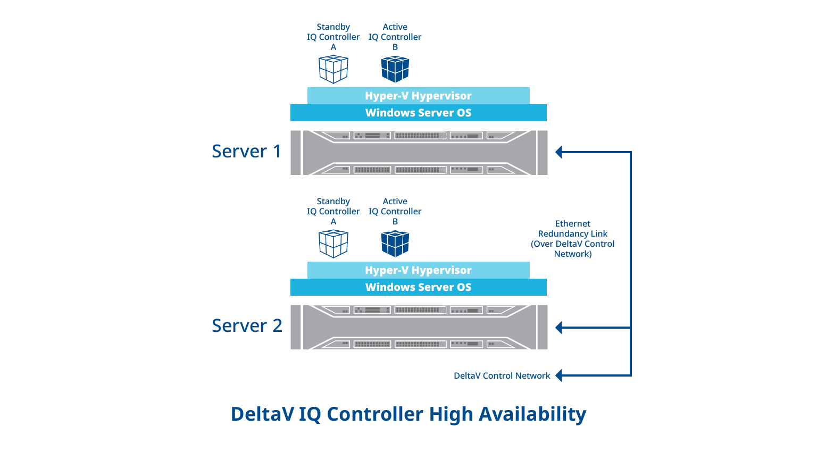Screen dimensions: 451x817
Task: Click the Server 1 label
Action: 246,152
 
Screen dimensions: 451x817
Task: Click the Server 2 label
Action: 247,325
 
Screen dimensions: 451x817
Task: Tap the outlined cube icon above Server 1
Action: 334,69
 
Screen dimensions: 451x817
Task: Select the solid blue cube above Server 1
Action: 395,69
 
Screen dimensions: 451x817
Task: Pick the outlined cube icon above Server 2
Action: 334,244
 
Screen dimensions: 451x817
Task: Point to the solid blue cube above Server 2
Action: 395,244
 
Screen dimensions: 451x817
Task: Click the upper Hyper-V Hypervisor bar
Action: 418,96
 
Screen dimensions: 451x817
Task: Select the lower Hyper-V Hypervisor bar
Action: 418,270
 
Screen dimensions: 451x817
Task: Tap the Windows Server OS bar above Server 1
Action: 418,113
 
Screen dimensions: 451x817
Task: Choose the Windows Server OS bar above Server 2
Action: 418,287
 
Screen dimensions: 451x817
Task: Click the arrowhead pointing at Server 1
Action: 559,152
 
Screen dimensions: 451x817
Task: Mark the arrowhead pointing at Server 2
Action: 559,328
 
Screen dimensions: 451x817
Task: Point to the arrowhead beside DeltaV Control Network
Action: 559,375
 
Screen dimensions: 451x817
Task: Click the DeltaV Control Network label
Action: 502,376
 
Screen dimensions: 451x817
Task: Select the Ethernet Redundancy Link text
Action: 572,239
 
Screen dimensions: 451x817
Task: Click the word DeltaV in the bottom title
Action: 262,414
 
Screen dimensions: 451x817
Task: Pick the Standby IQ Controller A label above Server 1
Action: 334,37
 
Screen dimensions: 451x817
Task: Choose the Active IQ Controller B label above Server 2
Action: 395,211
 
